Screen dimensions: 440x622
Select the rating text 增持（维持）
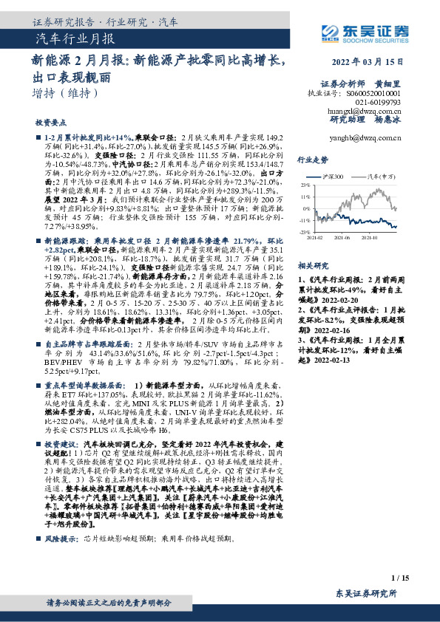pos(66,93)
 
